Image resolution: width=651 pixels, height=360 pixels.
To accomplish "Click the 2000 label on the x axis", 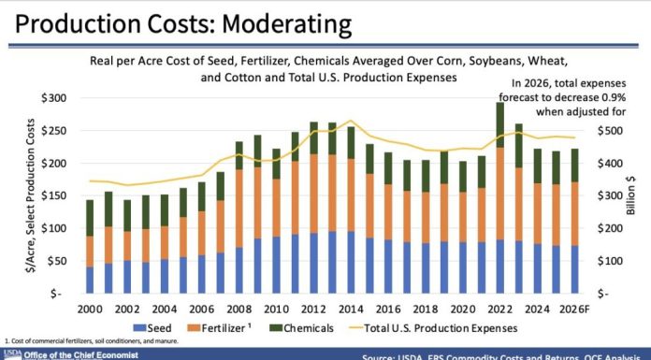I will point(91,308).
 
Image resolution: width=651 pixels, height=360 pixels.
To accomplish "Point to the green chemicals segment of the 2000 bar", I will point(91,218).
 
